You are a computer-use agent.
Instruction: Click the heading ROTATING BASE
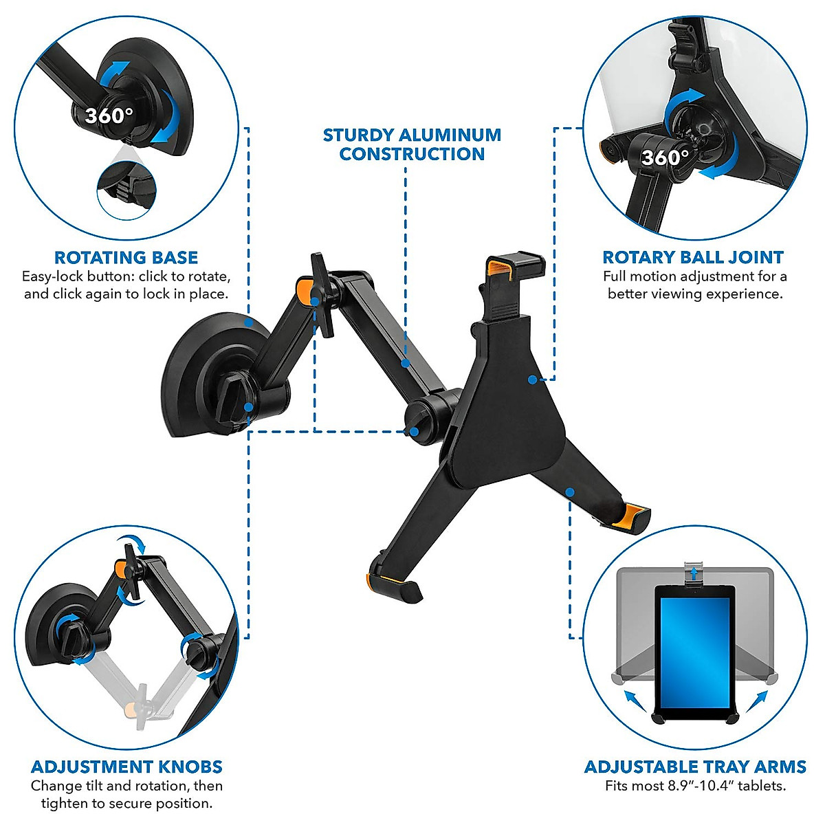(x=126, y=258)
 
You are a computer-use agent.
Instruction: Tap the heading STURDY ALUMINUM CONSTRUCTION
(x=412, y=144)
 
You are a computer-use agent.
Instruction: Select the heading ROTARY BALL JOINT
(x=693, y=258)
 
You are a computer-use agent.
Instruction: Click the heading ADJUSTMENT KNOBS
(x=126, y=767)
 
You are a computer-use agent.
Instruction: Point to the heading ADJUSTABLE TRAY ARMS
(x=695, y=767)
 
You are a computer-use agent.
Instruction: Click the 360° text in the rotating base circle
(x=109, y=115)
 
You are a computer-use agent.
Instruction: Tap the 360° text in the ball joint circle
(x=665, y=157)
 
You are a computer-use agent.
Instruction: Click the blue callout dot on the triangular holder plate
(x=531, y=379)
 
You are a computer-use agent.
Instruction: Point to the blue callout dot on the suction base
(x=247, y=321)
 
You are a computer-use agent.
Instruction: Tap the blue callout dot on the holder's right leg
(x=569, y=492)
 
